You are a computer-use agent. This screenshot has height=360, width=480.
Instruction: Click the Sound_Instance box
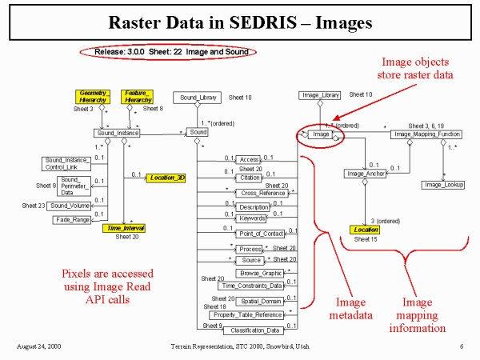point(117,133)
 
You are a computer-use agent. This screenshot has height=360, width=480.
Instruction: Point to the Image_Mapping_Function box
point(423,134)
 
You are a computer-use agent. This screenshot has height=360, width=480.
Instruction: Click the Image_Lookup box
point(444,185)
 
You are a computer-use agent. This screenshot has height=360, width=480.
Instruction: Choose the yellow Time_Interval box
point(123,228)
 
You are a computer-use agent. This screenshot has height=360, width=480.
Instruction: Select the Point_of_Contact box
point(252,233)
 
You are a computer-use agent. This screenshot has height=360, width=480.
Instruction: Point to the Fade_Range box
point(70,219)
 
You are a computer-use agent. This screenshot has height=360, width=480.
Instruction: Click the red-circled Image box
point(321,135)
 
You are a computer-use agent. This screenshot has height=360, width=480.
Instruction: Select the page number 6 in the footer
point(462,346)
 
